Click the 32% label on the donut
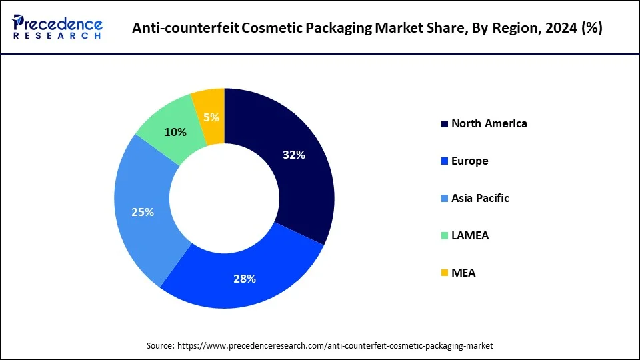293,155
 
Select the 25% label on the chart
143,212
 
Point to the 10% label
175,132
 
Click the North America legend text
489,123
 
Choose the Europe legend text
469,161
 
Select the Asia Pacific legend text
480,198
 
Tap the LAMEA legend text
469,235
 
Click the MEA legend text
463,273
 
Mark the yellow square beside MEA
444,273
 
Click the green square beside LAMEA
444,236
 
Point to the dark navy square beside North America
444,124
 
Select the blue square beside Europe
444,161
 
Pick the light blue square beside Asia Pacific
444,199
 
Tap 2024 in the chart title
559,28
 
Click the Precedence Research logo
57,27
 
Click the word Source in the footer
161,345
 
